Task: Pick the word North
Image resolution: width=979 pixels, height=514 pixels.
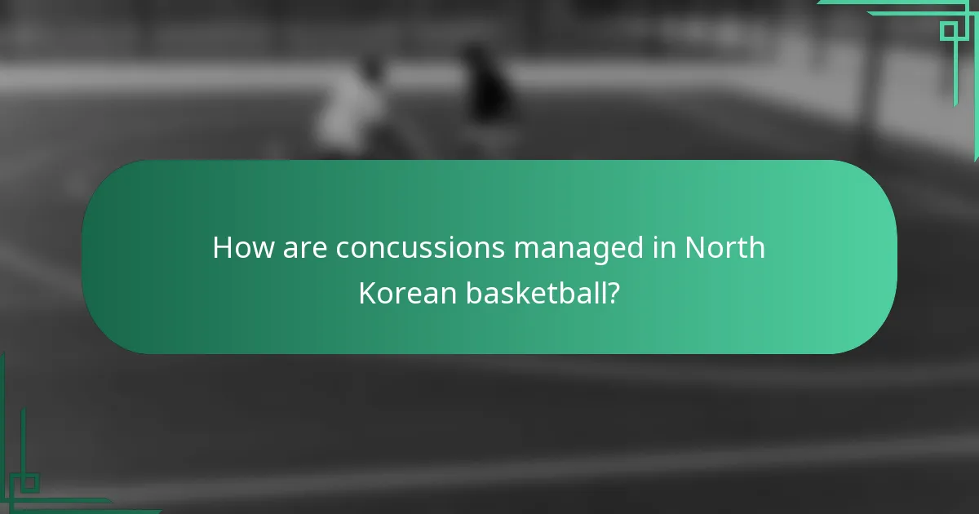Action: (x=724, y=248)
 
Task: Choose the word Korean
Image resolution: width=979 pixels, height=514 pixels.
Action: (x=407, y=293)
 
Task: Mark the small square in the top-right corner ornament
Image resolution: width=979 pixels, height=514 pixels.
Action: (x=949, y=31)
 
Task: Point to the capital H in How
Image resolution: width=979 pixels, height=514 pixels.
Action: (x=222, y=248)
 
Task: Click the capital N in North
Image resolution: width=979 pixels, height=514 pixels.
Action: (x=694, y=248)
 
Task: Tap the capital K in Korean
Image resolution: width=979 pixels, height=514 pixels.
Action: (x=367, y=293)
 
